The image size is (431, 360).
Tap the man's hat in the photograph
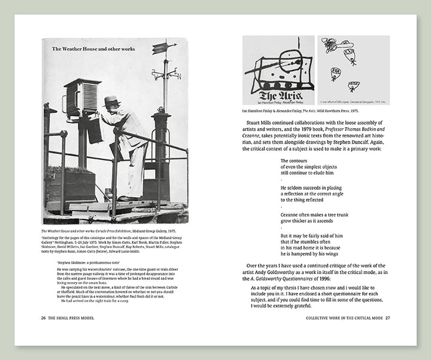tap(111, 101)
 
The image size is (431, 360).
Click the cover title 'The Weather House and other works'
tap(93, 49)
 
